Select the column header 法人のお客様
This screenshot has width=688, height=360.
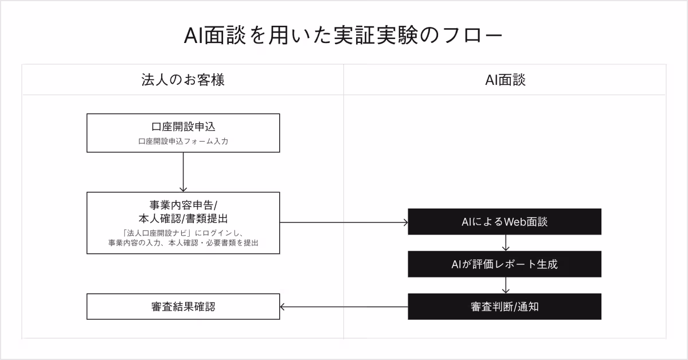(x=182, y=80)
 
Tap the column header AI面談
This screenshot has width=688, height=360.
(x=505, y=80)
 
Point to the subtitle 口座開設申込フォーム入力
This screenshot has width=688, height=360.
(x=183, y=141)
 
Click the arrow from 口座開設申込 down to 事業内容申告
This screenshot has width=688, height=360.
(x=183, y=172)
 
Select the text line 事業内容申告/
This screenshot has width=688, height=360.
(x=183, y=205)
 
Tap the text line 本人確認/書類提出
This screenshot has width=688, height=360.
(x=183, y=218)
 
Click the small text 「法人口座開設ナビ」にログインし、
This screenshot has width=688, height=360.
(x=183, y=233)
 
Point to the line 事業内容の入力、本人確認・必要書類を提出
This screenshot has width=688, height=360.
(x=183, y=243)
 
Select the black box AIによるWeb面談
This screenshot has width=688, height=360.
(x=505, y=222)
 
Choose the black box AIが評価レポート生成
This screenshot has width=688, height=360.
(x=505, y=264)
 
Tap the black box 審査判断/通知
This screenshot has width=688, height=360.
(x=505, y=307)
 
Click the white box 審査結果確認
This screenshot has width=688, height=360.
(x=183, y=307)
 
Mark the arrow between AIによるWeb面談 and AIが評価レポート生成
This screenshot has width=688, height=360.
(x=505, y=243)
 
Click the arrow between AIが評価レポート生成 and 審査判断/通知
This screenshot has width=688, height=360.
(x=505, y=285)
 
